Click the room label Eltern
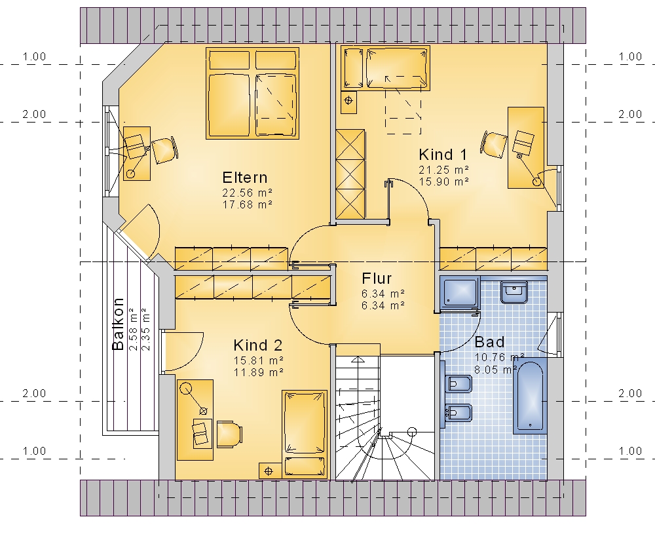(245, 177)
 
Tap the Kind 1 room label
(443, 154)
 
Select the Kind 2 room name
(257, 345)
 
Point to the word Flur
(377, 279)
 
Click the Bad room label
(489, 342)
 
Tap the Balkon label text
(118, 324)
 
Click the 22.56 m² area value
(248, 193)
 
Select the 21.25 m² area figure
(443, 169)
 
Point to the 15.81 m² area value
(259, 360)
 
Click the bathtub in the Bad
(530, 395)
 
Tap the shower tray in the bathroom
(460, 292)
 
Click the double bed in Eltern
(252, 93)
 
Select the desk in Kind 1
(526, 147)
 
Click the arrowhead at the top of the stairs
(358, 359)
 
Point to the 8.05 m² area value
(496, 370)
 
